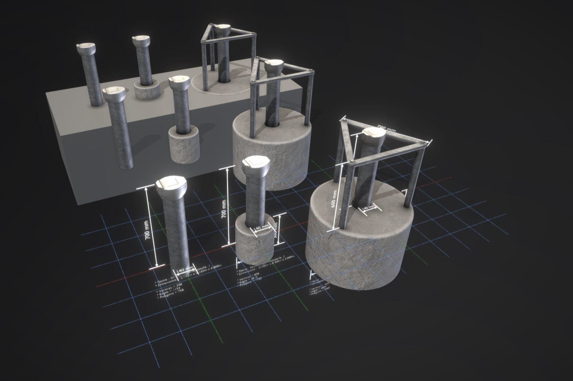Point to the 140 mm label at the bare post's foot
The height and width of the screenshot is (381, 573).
click(x=184, y=270)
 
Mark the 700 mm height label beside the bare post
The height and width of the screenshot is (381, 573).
click(x=148, y=230)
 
